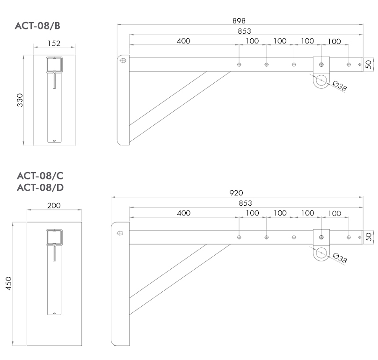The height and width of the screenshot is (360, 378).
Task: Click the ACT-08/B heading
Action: pyautogui.click(x=37, y=26)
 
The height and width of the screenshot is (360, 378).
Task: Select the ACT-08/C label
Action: pyautogui.click(x=40, y=176)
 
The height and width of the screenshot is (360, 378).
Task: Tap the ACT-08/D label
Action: pyautogui.click(x=40, y=187)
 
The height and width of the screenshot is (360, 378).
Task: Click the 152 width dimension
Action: pyautogui.click(x=54, y=43)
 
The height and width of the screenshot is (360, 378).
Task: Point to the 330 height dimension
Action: pyautogui.click(x=20, y=100)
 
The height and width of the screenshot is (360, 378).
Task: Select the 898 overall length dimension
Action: pyautogui.click(x=239, y=21)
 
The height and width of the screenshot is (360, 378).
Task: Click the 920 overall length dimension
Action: pyautogui.click(x=236, y=193)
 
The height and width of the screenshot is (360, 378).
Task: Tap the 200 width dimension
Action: pyautogui.click(x=54, y=206)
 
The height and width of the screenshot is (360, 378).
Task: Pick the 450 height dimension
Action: pyautogui.click(x=9, y=283)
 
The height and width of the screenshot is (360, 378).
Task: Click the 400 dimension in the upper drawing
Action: pyautogui.click(x=183, y=41)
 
